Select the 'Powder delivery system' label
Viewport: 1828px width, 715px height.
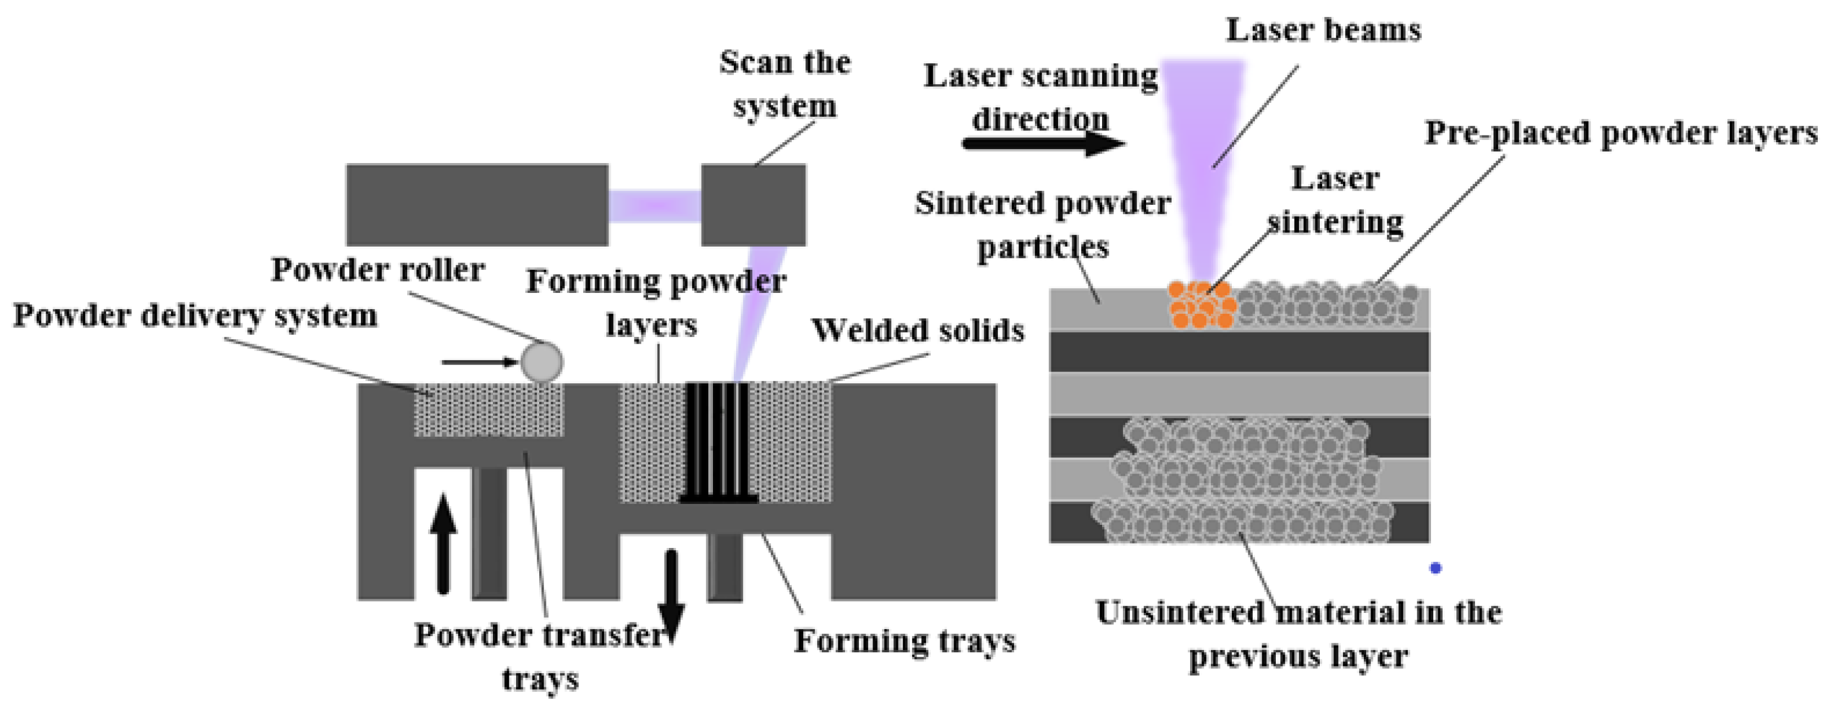195,316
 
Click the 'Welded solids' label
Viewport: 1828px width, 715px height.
918,331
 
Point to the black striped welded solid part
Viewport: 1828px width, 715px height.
717,441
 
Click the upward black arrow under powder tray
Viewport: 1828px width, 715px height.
443,543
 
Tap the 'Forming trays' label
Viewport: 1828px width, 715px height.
905,641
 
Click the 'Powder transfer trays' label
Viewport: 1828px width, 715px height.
540,657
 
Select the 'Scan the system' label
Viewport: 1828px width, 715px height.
785,84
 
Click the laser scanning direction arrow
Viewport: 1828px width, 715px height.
1043,143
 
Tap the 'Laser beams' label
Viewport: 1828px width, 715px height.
1323,30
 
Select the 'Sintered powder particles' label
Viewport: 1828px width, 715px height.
1042,225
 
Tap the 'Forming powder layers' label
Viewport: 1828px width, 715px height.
655,303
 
